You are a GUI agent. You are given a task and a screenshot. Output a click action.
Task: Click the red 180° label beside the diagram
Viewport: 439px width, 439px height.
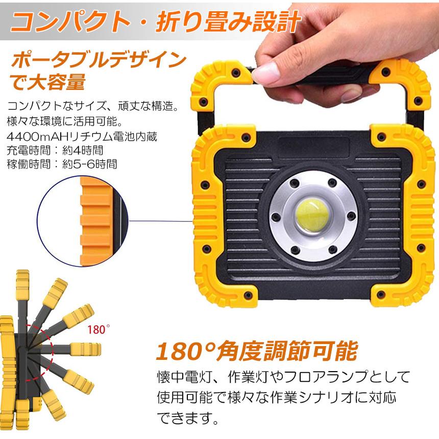tap(99, 329)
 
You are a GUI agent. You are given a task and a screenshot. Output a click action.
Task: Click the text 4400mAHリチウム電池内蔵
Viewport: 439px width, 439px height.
tap(82, 136)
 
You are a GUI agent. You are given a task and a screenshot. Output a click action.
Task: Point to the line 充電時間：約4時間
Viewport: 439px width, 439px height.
tap(55, 151)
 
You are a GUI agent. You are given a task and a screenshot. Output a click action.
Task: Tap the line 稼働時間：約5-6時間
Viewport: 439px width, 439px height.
tap(62, 164)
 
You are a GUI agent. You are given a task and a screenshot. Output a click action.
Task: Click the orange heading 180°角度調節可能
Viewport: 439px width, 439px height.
tap(257, 351)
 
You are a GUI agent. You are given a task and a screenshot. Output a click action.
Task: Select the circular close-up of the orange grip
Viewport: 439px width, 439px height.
tap(83, 221)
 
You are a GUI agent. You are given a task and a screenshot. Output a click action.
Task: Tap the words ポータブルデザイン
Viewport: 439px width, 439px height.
tap(99, 60)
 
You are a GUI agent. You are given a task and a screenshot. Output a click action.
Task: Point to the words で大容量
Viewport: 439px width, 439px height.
tap(47, 82)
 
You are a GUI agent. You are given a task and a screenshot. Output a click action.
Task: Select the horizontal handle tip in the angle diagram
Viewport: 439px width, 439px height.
tap(85, 349)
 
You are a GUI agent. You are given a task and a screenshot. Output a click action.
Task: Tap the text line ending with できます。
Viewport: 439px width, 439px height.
tap(187, 418)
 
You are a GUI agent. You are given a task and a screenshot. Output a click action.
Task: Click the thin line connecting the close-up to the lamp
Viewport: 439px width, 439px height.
tap(161, 221)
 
